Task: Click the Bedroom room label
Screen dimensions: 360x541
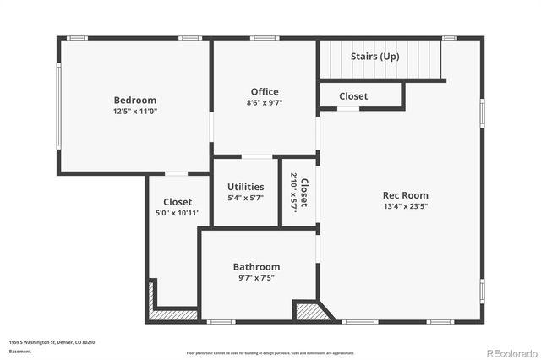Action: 135,99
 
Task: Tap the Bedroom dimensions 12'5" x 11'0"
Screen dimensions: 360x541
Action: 135,111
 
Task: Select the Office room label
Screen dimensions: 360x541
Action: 265,91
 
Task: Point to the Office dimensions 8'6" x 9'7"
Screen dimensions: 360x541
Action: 265,103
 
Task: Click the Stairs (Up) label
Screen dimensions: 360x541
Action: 375,57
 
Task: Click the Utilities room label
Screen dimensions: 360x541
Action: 246,187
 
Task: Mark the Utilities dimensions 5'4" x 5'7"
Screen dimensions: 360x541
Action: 246,198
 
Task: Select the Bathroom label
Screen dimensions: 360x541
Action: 256,267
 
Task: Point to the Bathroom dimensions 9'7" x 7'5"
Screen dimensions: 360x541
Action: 256,278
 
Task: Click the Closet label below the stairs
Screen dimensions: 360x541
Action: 353,96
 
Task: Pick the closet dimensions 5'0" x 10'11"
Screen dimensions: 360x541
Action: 178,213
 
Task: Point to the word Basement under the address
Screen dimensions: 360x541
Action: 19,352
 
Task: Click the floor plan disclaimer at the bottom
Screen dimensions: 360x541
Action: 270,352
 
